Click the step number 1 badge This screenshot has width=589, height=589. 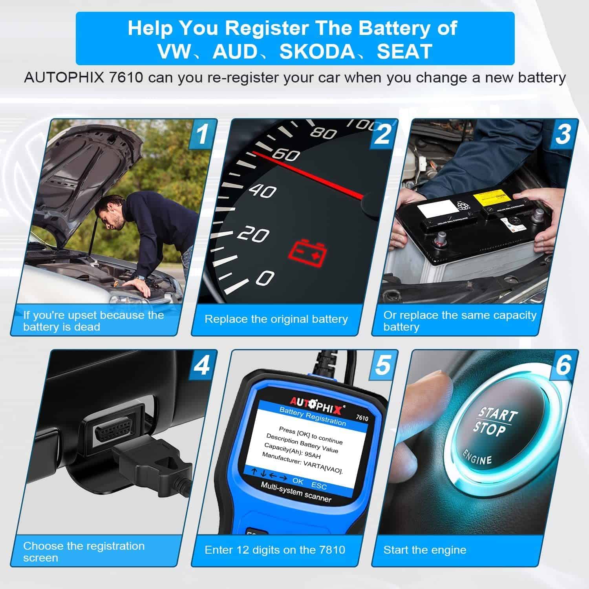pos(202,134)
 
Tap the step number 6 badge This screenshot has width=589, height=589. pos(563,365)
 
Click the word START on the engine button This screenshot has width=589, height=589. pos(498,415)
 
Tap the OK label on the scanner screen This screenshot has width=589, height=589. pos(298,481)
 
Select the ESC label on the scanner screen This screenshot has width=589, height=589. pos(319,486)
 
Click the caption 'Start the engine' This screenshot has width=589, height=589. pos(425,550)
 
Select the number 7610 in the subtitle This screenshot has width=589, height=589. pos(126,77)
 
